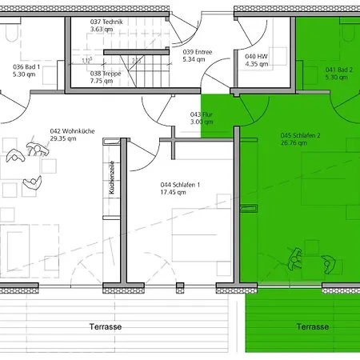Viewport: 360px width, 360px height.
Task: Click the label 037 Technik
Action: tap(106, 22)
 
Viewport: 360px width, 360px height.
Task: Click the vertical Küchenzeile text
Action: tap(112, 177)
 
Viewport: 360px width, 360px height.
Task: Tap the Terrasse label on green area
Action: tap(312, 326)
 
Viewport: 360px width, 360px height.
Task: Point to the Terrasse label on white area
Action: tap(105, 327)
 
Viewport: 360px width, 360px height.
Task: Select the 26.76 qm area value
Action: tap(294, 145)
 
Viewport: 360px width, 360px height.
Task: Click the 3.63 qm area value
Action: tap(102, 29)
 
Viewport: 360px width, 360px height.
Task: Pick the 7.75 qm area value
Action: tap(102, 80)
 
